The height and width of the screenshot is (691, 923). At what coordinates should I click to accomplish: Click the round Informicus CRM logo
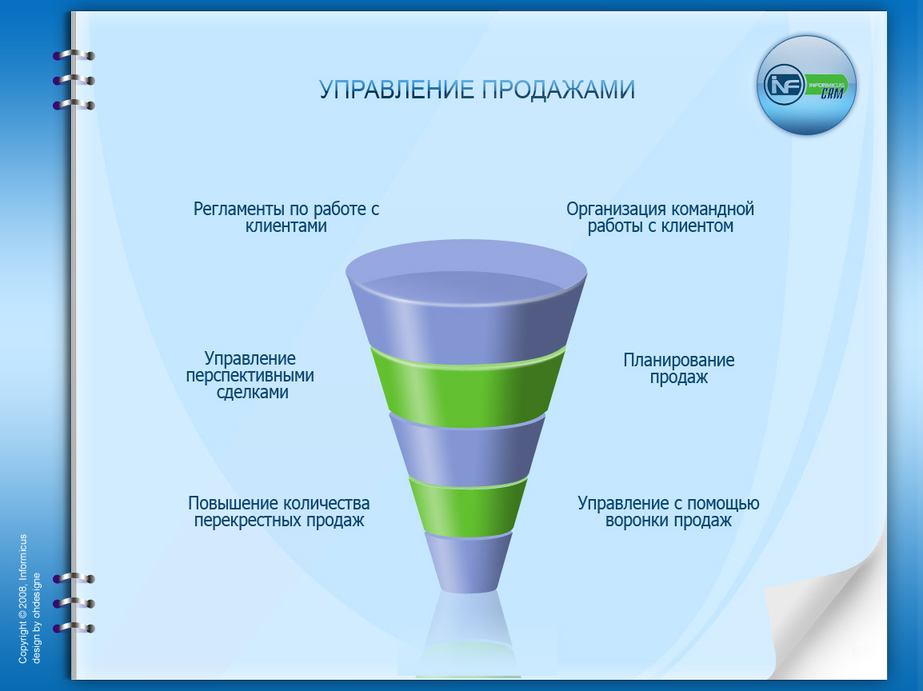click(805, 85)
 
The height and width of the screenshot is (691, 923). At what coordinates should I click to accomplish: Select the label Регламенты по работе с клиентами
click(286, 218)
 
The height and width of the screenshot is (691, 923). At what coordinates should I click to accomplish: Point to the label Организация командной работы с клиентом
click(660, 218)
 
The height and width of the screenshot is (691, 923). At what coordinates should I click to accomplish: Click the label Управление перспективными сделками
click(250, 375)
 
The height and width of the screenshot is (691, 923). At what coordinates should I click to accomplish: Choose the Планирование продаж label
click(678, 369)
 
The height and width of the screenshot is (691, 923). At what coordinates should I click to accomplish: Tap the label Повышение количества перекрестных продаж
click(278, 512)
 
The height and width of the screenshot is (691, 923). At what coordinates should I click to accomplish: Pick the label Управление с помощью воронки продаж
click(668, 512)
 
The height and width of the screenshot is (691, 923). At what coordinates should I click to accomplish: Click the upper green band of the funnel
click(467, 389)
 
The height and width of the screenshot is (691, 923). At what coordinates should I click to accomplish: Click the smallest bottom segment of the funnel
click(468, 564)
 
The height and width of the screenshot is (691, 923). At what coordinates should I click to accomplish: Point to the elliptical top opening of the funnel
click(467, 268)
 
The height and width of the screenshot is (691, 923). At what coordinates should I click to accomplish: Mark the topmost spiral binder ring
click(74, 56)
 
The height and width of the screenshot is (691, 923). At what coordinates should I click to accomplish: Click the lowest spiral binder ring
click(74, 628)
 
